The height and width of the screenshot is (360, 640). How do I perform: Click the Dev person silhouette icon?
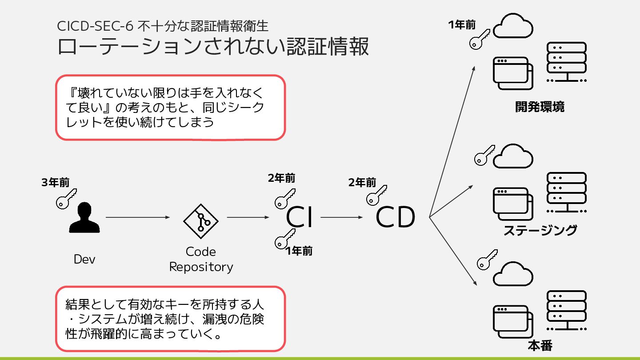[84, 218]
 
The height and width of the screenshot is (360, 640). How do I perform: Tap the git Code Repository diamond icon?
[201, 220]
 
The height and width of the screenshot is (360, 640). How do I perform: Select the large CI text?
[300, 218]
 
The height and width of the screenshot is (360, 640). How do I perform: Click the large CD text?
[396, 218]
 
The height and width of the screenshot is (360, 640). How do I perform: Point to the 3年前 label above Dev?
[55, 183]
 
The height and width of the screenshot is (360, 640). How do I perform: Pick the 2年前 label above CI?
[281, 179]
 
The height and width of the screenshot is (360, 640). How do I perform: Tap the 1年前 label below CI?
[299, 252]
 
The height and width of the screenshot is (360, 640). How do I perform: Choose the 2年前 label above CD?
[362, 183]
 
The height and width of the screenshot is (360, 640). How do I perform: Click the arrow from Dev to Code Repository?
[138, 217]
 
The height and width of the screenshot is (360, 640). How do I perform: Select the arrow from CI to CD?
[342, 217]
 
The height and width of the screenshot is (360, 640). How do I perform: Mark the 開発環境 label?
[540, 107]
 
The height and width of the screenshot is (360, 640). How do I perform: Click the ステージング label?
[540, 230]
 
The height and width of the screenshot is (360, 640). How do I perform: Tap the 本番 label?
[540, 346]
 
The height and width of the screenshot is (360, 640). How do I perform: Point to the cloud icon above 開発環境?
[513, 28]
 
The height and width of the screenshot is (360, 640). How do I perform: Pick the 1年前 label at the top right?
[462, 25]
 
